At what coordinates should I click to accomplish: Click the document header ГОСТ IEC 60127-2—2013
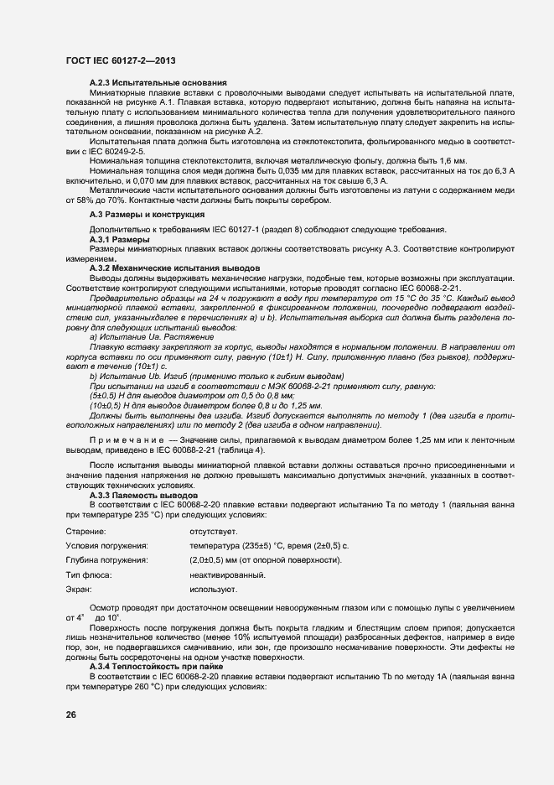(x=119, y=61)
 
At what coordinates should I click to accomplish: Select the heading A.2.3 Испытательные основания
(x=158, y=83)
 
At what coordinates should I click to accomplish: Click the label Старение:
(x=85, y=532)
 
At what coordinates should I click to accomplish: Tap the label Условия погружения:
(x=106, y=546)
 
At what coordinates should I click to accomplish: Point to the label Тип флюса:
(x=89, y=575)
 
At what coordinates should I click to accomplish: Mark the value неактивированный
(x=227, y=575)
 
